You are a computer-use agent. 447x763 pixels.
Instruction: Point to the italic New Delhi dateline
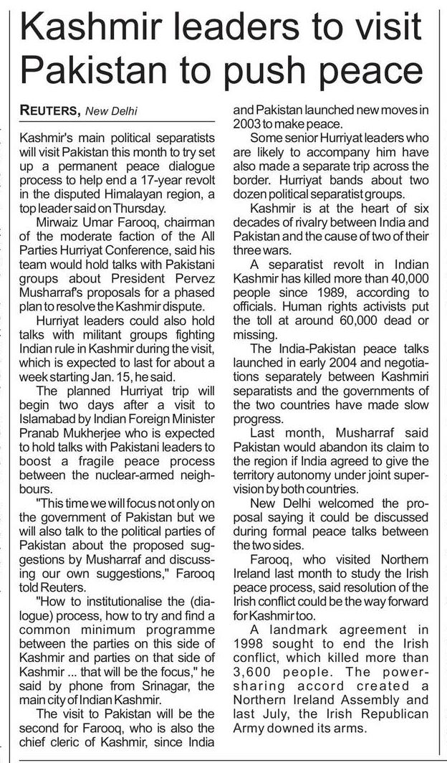tap(111, 110)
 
